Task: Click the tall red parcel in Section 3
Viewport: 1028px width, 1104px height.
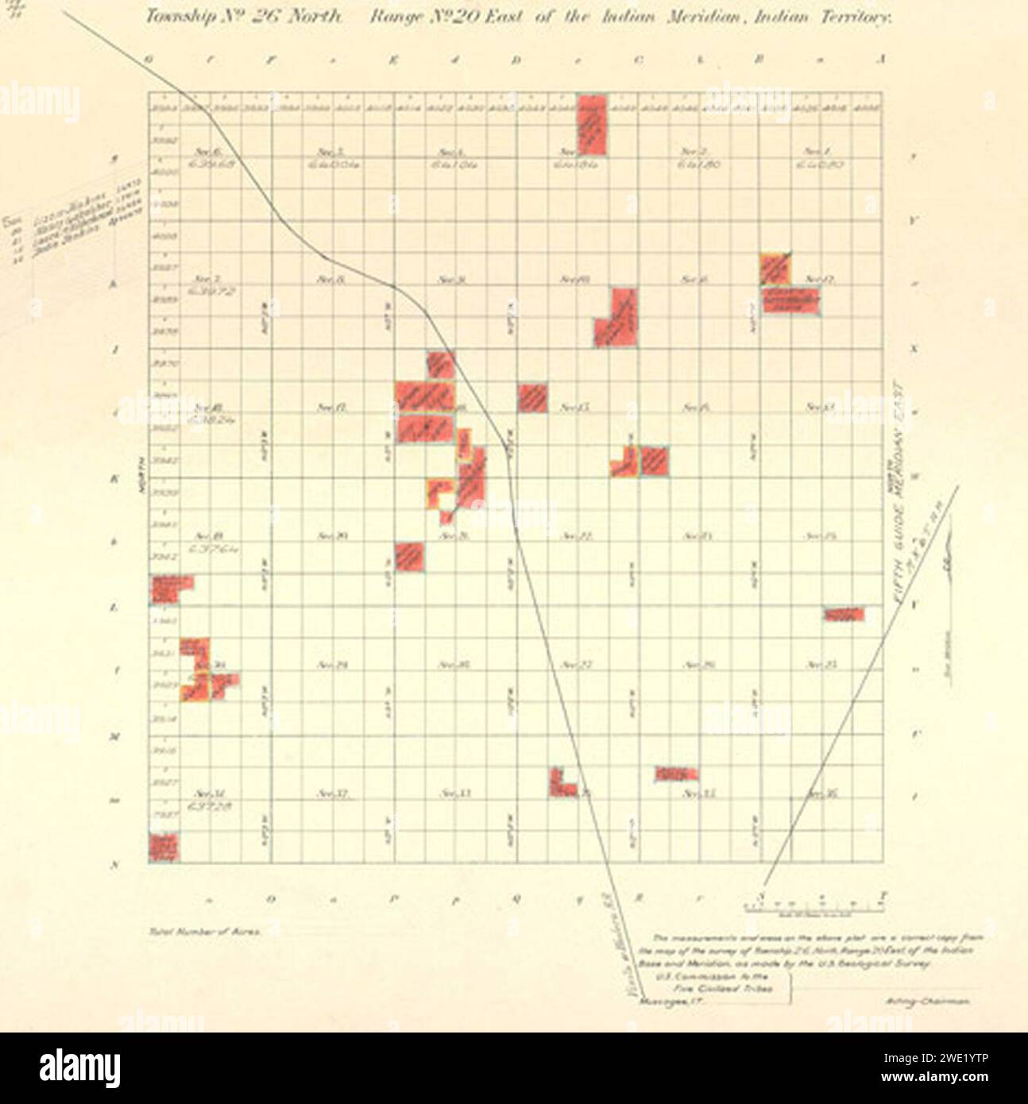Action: tap(593, 125)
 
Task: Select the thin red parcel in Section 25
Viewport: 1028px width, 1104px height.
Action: tap(844, 614)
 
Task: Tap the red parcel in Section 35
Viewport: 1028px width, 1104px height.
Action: tap(677, 774)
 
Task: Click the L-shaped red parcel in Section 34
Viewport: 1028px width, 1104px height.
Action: tap(561, 783)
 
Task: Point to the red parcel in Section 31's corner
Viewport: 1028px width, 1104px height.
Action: tap(164, 847)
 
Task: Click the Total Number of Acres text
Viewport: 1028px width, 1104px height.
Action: tap(203, 929)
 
